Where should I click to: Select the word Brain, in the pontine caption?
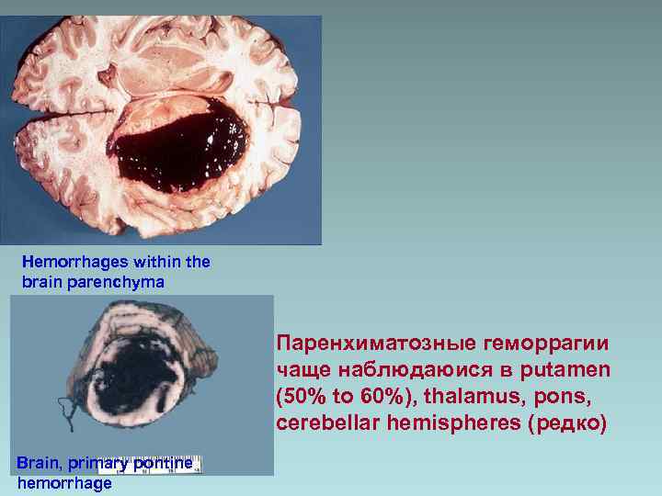pyautogui.click(x=39, y=463)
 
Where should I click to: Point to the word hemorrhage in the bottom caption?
pyautogui.click(x=64, y=482)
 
